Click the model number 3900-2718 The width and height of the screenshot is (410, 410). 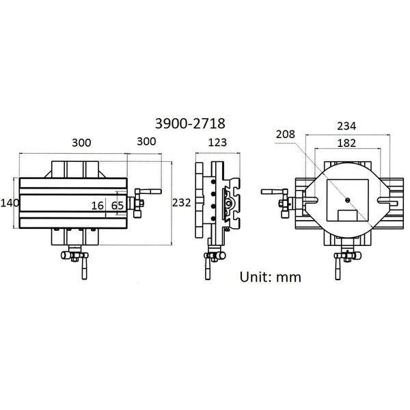point(190,124)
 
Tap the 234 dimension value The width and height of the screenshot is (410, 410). point(346,126)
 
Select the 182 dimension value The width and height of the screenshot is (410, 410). point(346,143)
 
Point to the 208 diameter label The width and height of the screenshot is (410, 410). point(286,134)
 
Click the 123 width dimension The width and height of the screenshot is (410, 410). point(217,143)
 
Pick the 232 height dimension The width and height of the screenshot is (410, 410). point(182,203)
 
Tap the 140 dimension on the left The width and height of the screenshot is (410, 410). point(10,203)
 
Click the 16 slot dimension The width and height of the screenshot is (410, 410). point(98,206)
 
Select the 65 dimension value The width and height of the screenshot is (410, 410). point(118,206)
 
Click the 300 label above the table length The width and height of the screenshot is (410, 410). point(81,143)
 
